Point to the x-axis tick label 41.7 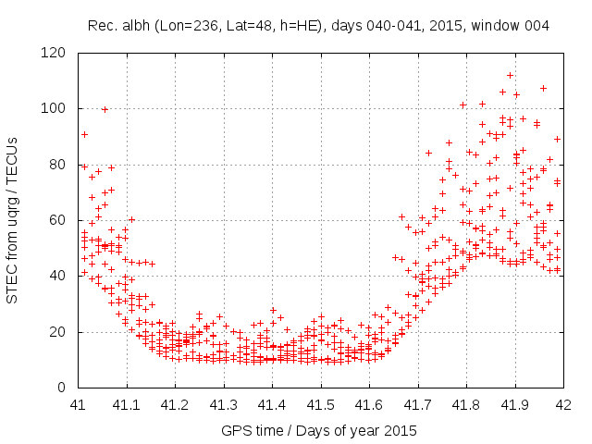click(x=417, y=404)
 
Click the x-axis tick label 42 click(x=562, y=404)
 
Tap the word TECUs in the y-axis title click(x=12, y=154)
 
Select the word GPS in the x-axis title click(x=235, y=430)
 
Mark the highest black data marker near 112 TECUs click(x=510, y=75)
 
